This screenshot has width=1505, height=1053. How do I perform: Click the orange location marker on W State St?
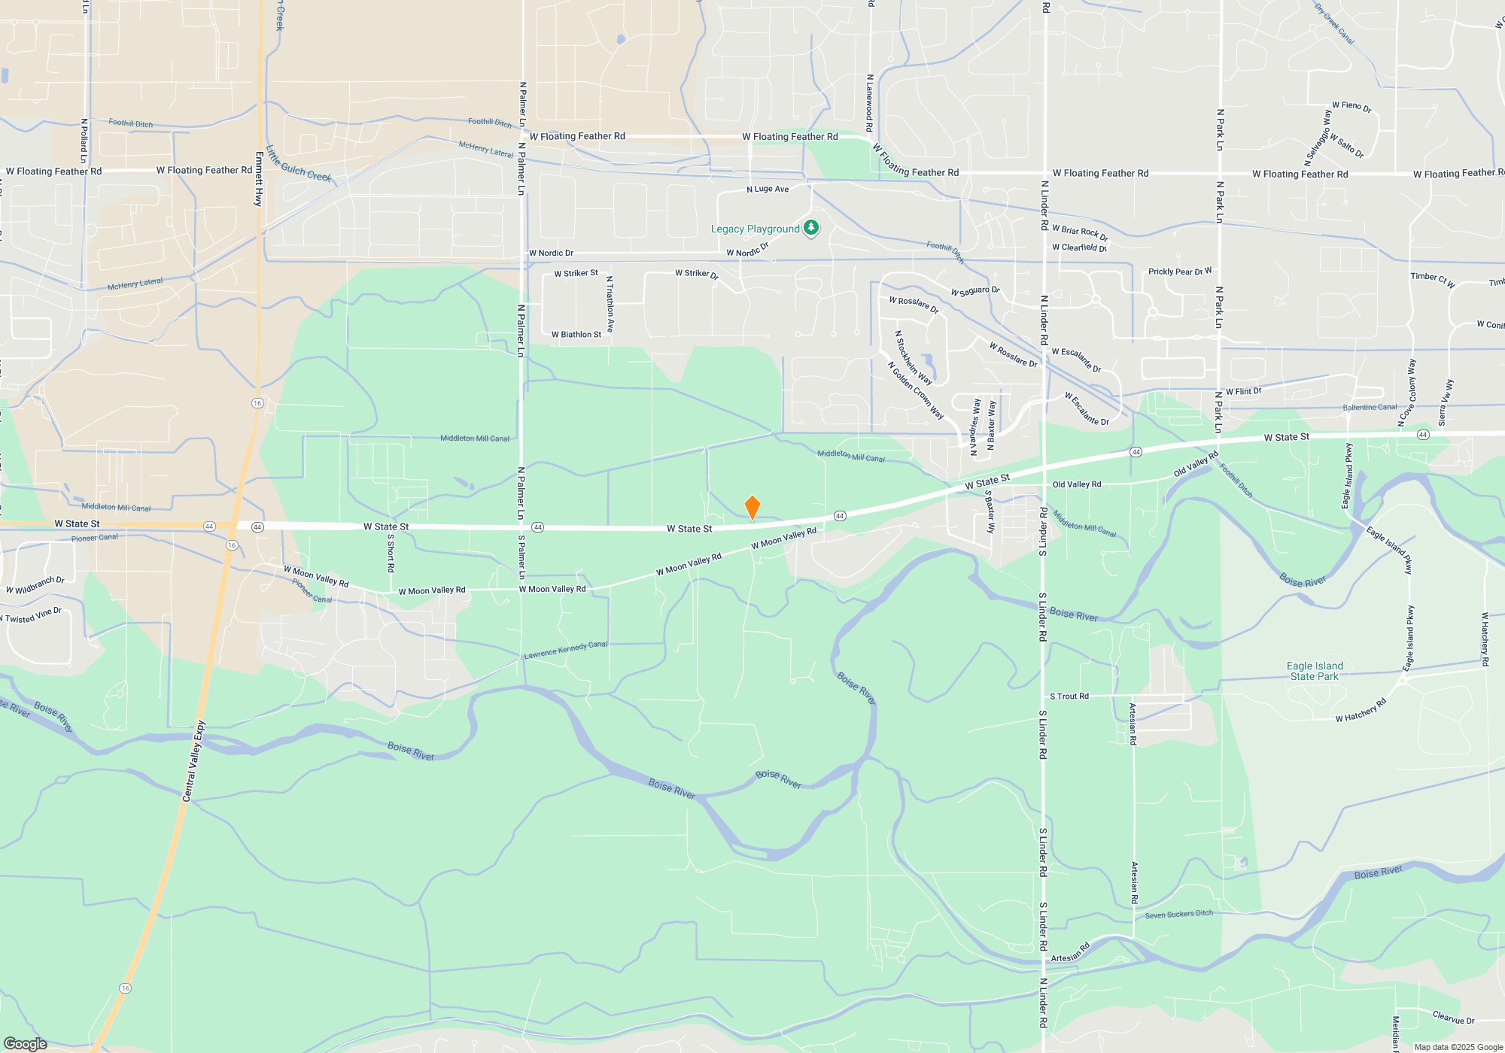click(x=752, y=508)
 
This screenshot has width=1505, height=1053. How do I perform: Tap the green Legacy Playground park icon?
click(x=810, y=228)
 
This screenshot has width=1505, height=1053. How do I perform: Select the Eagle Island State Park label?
click(x=1315, y=671)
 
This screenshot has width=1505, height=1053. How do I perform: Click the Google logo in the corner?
click(x=25, y=1043)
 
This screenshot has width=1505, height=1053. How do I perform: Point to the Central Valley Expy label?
click(x=193, y=761)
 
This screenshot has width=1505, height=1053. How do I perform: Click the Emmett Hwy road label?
click(x=259, y=179)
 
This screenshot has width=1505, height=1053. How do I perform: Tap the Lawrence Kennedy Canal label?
click(x=565, y=650)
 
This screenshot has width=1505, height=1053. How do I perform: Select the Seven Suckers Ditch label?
click(x=1178, y=914)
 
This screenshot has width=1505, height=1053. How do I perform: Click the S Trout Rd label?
click(x=1069, y=696)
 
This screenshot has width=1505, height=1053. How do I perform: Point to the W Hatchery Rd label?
click(x=1361, y=711)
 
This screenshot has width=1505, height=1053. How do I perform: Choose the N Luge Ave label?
click(x=768, y=189)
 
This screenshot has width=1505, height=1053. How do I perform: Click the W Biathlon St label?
click(x=576, y=335)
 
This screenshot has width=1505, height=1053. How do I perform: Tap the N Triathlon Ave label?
click(x=610, y=304)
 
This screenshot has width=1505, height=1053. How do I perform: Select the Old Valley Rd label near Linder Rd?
click(x=1076, y=484)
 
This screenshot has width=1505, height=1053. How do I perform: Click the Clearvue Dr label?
click(x=1453, y=1018)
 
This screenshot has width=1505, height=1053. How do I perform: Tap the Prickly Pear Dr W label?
click(x=1179, y=272)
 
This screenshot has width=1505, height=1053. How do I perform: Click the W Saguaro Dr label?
click(x=974, y=291)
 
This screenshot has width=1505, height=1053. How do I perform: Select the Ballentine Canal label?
click(x=1370, y=408)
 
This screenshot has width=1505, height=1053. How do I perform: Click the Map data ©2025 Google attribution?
click(x=1458, y=1047)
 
